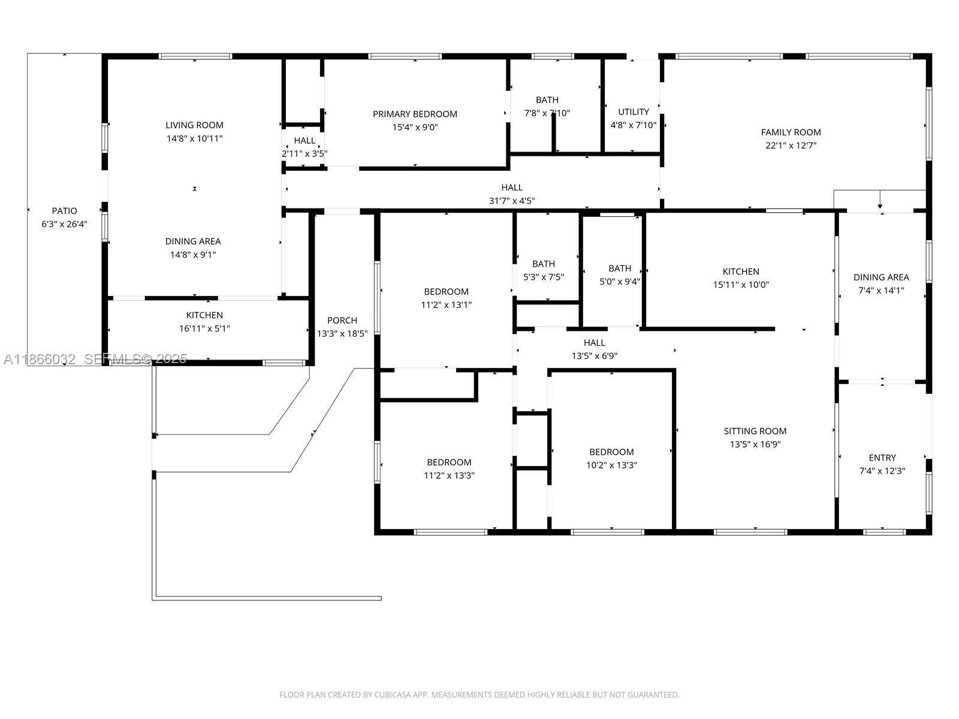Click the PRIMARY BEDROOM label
click(415, 114)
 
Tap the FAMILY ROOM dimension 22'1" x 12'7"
click(791, 146)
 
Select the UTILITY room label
click(633, 112)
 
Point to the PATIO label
click(64, 211)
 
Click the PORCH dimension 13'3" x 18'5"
click(342, 334)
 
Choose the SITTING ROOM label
click(755, 431)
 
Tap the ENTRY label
click(882, 458)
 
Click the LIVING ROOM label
click(194, 125)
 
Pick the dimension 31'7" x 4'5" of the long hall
click(512, 201)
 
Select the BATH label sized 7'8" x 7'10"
click(547, 100)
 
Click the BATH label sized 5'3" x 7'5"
click(544, 264)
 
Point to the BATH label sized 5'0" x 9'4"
click(620, 268)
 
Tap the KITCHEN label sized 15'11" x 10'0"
click(741, 271)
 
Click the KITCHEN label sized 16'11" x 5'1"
click(204, 315)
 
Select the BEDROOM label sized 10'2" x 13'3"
click(611, 452)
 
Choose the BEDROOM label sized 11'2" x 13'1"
click(446, 292)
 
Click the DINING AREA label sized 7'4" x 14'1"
click(881, 277)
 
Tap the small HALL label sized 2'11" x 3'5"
click(304, 141)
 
